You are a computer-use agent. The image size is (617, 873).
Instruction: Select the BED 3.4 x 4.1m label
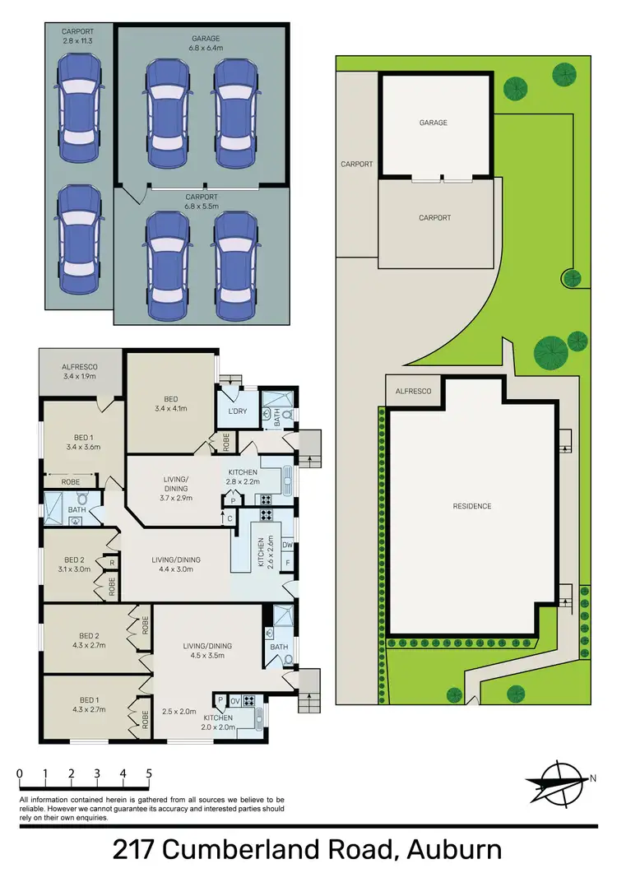tap(170, 402)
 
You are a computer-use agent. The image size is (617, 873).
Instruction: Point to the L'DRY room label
tap(238, 411)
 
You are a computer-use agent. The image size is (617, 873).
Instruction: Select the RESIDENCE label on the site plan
tap(471, 506)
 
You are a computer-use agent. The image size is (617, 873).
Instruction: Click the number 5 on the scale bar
tap(149, 773)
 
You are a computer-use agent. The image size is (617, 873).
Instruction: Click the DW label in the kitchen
tap(287, 545)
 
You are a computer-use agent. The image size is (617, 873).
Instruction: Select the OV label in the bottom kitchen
tap(235, 700)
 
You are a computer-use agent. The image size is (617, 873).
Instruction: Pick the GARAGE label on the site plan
tap(434, 123)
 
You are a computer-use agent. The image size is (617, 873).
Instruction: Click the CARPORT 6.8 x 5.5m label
tap(202, 202)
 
